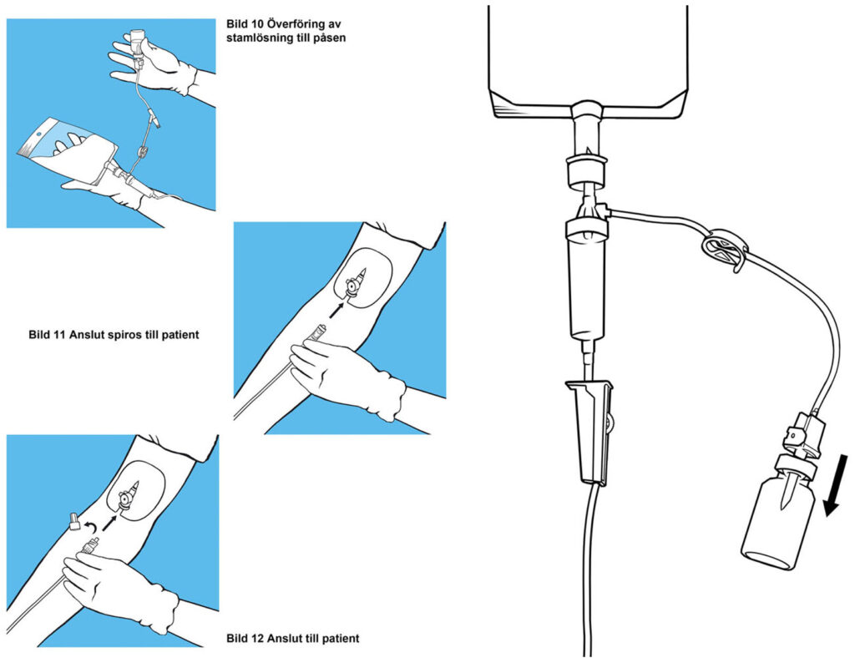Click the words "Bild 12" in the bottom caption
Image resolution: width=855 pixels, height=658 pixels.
coord(245,639)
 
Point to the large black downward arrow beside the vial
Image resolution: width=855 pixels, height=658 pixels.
coord(834,485)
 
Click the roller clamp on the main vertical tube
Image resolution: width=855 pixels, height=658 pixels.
coord(591,431)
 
